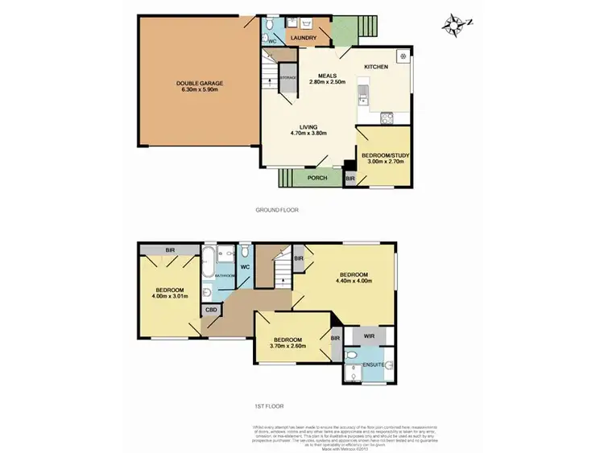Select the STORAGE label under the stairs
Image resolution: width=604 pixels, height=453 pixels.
tap(288, 77)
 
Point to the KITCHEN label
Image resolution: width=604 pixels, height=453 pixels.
tap(376, 66)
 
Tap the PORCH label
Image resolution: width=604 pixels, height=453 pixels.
tap(309, 179)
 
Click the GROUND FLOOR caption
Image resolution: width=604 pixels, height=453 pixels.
tap(276, 210)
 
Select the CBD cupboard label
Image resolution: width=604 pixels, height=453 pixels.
tap(211, 309)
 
